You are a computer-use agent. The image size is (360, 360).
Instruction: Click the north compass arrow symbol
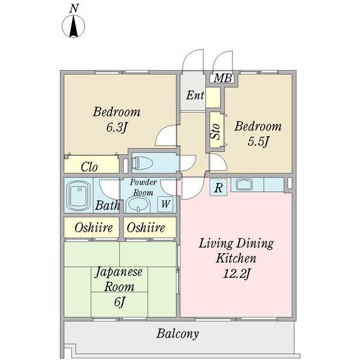click(x=73, y=26)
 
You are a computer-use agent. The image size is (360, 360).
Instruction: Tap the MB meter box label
click(x=223, y=78)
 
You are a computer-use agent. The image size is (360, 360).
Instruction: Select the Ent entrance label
click(x=195, y=95)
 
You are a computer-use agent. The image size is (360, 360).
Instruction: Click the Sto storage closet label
click(x=215, y=132)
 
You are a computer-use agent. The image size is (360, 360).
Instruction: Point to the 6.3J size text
click(x=116, y=127)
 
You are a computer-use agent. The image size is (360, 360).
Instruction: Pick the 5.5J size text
click(x=258, y=142)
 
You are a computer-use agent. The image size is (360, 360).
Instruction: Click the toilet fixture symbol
click(x=142, y=163)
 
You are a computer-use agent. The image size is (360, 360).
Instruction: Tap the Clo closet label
click(x=89, y=167)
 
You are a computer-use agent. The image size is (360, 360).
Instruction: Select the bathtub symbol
click(x=79, y=196)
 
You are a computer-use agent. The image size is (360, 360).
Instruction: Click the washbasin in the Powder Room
click(x=139, y=204)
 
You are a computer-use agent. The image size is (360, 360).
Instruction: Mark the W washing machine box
click(x=166, y=204)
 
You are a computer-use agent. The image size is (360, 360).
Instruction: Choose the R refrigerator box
click(x=218, y=187)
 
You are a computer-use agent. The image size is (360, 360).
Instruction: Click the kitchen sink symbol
click(x=244, y=184)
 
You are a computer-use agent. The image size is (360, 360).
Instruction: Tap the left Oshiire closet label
click(x=94, y=228)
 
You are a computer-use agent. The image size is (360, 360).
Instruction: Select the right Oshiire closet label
click(x=146, y=228)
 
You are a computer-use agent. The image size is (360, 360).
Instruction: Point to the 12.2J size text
click(x=236, y=274)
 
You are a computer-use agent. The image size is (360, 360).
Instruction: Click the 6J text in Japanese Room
click(x=119, y=302)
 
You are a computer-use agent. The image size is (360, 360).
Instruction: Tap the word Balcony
click(x=178, y=334)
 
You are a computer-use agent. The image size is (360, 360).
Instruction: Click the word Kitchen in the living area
click(x=236, y=258)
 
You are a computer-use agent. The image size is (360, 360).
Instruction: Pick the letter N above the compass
click(x=74, y=9)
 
